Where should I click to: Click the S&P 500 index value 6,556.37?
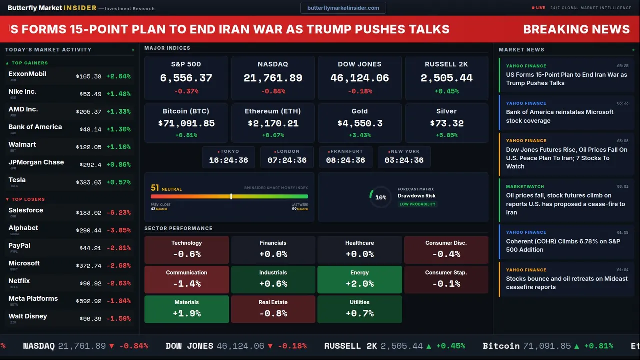[186, 78]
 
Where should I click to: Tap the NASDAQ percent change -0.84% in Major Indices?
[273, 91]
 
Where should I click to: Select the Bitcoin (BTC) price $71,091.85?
[186, 123]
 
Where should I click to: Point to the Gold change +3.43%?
[359, 135]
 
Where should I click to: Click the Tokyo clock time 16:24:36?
[228, 160]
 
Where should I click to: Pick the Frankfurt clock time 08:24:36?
[345, 160]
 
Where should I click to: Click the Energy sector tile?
[359, 279]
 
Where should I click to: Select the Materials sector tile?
[186, 309]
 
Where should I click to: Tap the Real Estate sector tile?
[273, 309]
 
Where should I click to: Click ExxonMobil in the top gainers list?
[27, 74]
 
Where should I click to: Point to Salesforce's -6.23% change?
[118, 213]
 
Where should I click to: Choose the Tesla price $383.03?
[88, 183]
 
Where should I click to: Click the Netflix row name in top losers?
[19, 281]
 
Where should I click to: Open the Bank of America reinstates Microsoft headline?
[559, 116]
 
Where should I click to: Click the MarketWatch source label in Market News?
[525, 187]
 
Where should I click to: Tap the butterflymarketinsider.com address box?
[343, 8]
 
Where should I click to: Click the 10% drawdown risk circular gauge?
[380, 197]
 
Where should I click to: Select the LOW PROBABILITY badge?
[417, 204]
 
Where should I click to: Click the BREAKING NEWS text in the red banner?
[576, 29]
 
